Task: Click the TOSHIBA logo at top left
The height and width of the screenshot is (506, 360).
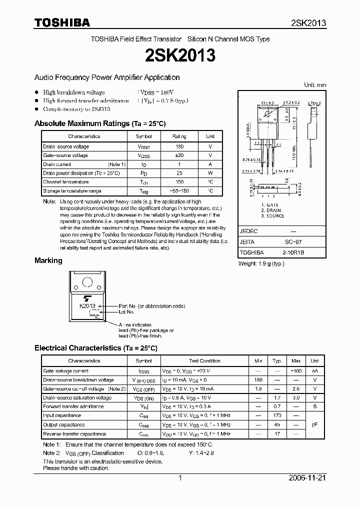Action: coord(62,22)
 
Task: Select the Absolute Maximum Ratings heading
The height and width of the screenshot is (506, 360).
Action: coord(99,123)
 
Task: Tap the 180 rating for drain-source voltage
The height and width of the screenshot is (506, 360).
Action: coord(179,146)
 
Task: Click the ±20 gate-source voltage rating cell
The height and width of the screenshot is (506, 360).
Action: coord(179,155)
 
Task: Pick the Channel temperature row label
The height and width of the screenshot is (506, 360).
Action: coord(65,182)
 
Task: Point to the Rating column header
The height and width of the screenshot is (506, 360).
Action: coord(179,136)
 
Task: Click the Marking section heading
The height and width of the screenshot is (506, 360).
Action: coord(48,260)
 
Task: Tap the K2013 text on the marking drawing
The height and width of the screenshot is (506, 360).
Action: coord(87,305)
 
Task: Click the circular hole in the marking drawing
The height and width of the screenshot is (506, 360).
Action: coord(87,282)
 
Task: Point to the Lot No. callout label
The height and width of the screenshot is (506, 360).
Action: coord(126,311)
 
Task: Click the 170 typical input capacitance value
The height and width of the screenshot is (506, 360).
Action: coord(277,415)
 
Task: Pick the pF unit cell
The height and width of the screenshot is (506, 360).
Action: coord(314,424)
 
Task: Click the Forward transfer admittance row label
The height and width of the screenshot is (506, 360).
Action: coord(73,406)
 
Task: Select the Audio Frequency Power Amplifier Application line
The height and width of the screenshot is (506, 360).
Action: coord(107,77)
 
